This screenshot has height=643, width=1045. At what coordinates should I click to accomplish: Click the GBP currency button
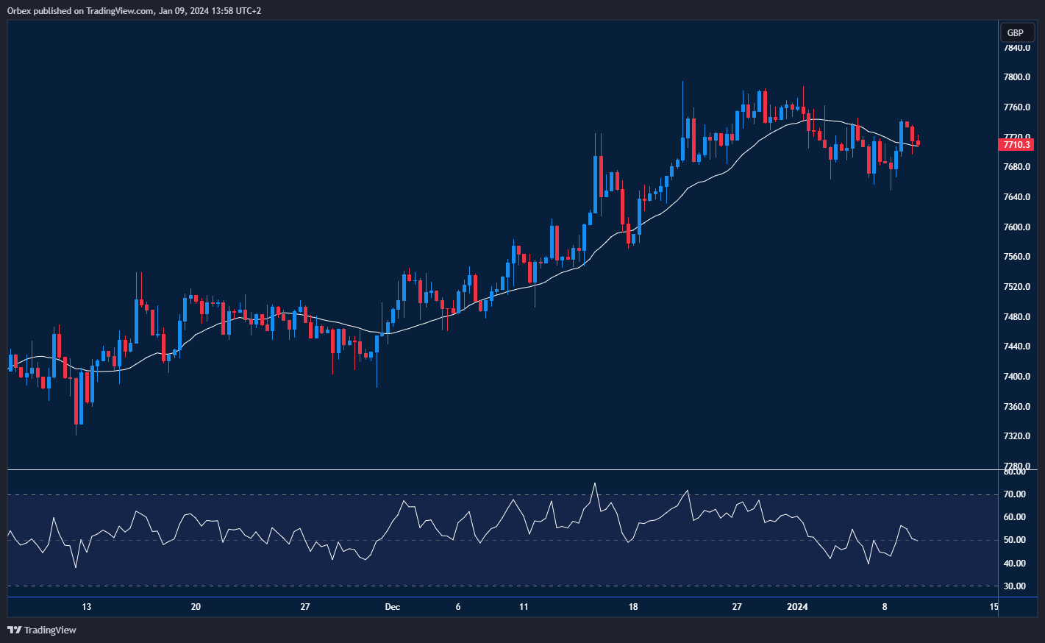click(x=1015, y=32)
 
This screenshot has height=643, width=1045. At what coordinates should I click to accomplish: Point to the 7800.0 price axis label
click(x=1016, y=77)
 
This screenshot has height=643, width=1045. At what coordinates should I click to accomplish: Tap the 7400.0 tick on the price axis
click(x=1016, y=377)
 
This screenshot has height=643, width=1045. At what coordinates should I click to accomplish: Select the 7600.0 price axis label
click(x=1016, y=227)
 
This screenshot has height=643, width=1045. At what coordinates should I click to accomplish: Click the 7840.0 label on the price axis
click(x=1016, y=48)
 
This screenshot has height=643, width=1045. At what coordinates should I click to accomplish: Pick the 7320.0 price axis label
click(x=1016, y=436)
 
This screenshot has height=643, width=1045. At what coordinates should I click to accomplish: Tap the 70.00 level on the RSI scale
click(x=1015, y=494)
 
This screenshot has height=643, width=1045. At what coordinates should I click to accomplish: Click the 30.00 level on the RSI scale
click(x=1015, y=586)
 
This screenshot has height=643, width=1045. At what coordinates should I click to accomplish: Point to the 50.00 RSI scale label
click(x=1015, y=540)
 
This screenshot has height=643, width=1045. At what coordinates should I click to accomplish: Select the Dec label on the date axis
click(x=393, y=607)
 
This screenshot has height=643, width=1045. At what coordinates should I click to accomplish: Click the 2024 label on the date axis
click(x=797, y=607)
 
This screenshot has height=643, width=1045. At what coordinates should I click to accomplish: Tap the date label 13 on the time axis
click(x=87, y=607)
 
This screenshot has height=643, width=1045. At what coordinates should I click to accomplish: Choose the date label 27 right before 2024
click(x=737, y=607)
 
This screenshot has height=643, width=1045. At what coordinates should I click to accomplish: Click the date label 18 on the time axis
click(x=633, y=607)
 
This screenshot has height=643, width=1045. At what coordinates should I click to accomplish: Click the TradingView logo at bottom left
click(x=42, y=630)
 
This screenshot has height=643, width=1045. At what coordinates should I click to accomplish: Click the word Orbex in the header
click(x=18, y=11)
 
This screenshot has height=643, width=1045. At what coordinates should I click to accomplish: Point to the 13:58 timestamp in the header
click(x=211, y=11)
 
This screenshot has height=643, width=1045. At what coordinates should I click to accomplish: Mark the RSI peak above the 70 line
click(x=595, y=483)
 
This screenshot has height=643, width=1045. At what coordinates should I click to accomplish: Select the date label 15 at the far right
click(x=994, y=607)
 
